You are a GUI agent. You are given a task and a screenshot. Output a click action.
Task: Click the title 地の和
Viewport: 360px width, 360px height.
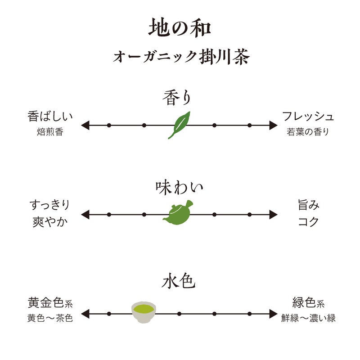click(x=180, y=28)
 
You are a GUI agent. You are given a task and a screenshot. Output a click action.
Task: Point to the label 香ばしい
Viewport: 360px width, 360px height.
click(x=50, y=117)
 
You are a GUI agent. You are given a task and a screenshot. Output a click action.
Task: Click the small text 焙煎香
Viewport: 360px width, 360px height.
click(x=50, y=132)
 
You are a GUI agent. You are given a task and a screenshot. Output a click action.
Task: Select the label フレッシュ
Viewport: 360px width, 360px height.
click(x=308, y=117)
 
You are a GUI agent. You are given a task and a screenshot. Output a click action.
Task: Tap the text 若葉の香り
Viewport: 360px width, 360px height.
click(x=308, y=132)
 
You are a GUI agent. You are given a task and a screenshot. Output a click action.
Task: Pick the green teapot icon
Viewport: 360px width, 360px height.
click(x=179, y=213)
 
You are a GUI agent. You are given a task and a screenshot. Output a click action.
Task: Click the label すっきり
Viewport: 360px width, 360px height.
click(x=50, y=206)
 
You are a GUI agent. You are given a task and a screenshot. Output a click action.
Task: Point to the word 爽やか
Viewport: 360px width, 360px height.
click(x=50, y=222)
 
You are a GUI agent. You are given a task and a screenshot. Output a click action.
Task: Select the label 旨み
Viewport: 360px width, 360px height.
click(x=308, y=206)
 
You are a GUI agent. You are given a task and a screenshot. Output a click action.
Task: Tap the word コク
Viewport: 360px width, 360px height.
click(x=308, y=222)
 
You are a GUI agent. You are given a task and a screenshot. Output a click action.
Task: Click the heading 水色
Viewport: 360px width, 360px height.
click(x=179, y=283)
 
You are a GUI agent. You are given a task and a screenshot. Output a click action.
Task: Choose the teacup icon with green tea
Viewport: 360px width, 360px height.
click(x=144, y=311)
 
